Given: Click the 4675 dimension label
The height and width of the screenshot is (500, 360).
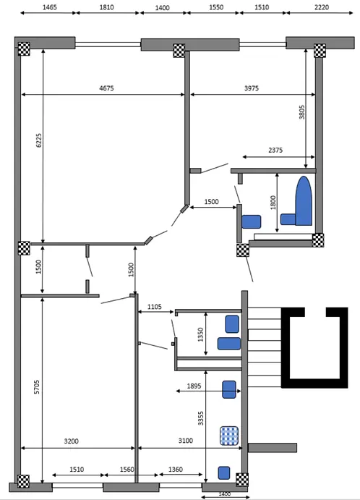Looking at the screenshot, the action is (106, 88).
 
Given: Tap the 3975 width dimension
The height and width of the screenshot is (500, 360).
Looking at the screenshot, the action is (252, 88).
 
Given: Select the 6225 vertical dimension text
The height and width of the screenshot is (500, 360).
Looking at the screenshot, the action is (38, 140).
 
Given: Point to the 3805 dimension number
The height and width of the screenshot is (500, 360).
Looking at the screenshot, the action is (301, 112).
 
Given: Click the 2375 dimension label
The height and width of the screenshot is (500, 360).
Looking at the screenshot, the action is (275, 151).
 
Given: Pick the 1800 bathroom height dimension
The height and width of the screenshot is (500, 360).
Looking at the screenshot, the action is (273, 203).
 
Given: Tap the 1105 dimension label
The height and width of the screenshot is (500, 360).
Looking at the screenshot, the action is (155, 307).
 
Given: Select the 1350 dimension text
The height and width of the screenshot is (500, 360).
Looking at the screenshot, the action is (200, 335).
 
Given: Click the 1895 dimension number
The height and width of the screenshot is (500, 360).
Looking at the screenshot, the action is (194, 386).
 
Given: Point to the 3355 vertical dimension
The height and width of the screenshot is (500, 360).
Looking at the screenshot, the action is (200, 418).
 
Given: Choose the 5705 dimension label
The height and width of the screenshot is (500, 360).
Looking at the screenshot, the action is (37, 387).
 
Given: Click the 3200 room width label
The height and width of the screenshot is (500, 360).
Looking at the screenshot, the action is (71, 441).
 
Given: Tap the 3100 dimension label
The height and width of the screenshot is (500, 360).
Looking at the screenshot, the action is (185, 441).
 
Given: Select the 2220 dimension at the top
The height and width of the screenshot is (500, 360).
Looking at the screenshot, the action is (322, 7).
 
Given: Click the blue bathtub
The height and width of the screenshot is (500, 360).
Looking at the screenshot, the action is (304, 201).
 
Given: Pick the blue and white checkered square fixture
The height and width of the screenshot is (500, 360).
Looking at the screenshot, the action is (229, 436).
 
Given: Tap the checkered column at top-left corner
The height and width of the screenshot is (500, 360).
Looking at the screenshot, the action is (24, 48).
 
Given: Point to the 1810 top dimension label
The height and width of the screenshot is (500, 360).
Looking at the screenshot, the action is (106, 7).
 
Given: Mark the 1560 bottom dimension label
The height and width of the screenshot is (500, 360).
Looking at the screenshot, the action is (127, 470).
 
